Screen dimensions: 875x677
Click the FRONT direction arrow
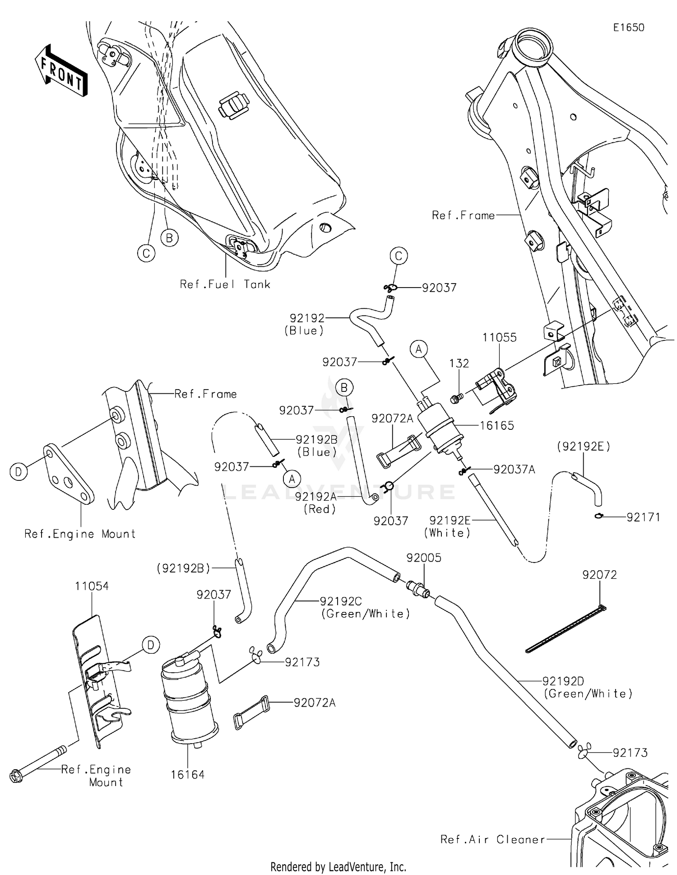click(x=61, y=71)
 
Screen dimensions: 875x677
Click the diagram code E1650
click(x=628, y=28)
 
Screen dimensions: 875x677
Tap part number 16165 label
click(x=496, y=425)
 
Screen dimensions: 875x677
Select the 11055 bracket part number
click(x=499, y=338)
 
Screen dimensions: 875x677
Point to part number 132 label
click(x=459, y=363)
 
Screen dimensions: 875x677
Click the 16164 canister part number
click(x=187, y=775)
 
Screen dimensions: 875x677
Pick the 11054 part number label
click(x=92, y=586)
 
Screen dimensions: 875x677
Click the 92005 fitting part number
click(x=423, y=558)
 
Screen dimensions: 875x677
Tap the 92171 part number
click(x=643, y=517)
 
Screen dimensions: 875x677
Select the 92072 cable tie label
click(x=599, y=575)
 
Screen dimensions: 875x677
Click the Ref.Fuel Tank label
click(x=225, y=284)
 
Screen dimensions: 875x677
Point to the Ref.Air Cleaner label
click(x=492, y=839)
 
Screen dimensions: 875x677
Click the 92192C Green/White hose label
click(x=340, y=601)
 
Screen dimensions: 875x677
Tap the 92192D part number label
click(x=563, y=681)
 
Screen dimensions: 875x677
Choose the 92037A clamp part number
click(x=514, y=470)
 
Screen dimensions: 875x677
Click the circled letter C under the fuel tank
click(x=146, y=253)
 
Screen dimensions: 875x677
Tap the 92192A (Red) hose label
click(x=316, y=497)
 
